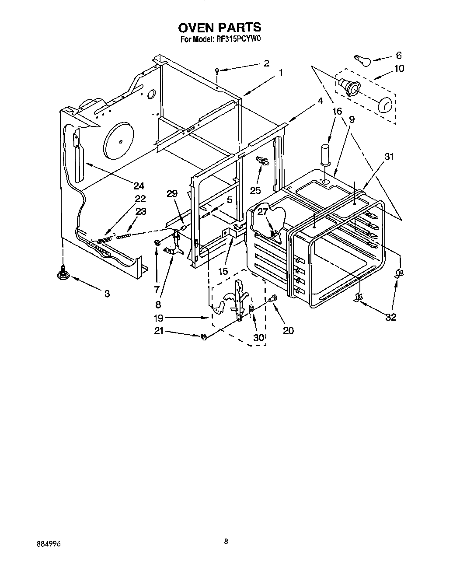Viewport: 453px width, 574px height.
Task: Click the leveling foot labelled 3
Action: [x=63, y=274]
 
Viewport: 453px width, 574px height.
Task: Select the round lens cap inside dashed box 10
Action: [x=385, y=105]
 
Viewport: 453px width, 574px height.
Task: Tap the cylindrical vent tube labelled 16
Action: [x=325, y=154]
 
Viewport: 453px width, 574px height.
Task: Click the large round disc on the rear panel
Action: [x=118, y=141]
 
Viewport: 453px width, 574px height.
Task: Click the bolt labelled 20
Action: [x=274, y=299]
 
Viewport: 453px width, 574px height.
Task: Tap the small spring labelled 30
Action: [x=251, y=309]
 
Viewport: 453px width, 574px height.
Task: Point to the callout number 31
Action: [x=389, y=157]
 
